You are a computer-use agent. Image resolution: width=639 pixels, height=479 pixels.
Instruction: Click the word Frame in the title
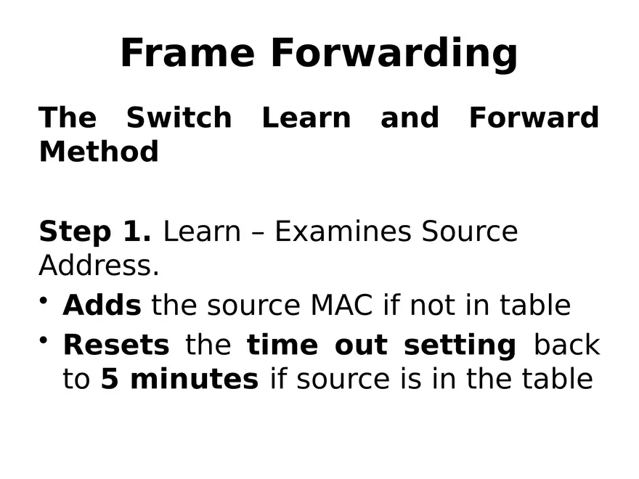point(187,53)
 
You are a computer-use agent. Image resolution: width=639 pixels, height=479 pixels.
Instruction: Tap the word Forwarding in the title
point(394,53)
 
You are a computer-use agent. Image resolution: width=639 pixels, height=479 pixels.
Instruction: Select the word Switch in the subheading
point(179,118)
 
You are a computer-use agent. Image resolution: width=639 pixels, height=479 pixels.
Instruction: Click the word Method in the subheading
point(99,152)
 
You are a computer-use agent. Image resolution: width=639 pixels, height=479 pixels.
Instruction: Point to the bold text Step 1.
point(95,232)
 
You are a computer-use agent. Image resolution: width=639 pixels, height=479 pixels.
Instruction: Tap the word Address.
point(99,266)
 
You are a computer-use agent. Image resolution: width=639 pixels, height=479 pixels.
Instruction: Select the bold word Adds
point(102,306)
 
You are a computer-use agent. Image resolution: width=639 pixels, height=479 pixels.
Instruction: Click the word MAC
point(342,306)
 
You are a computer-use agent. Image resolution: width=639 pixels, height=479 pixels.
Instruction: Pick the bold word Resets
point(116,345)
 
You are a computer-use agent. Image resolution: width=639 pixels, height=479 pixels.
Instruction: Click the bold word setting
point(460,345)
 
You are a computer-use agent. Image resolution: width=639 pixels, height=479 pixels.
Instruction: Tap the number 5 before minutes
point(109,379)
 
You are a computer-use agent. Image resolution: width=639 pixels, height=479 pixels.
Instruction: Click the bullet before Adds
point(46,300)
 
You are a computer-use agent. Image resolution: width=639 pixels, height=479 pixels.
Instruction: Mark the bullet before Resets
point(46,340)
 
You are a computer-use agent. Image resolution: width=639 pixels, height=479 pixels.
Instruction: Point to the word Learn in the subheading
point(306,118)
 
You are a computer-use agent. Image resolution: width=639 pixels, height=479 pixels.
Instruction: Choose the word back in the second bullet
point(566,345)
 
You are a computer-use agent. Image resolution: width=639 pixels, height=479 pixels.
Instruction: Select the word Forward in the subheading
point(534,118)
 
